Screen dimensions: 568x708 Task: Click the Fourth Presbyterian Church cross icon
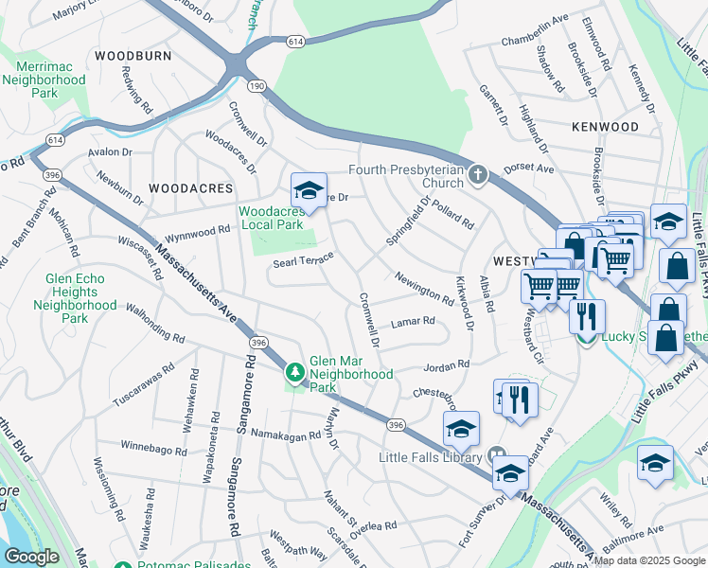point(479,175)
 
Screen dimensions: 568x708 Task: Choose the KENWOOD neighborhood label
point(605,126)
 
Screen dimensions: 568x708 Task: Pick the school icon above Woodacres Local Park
point(309,191)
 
